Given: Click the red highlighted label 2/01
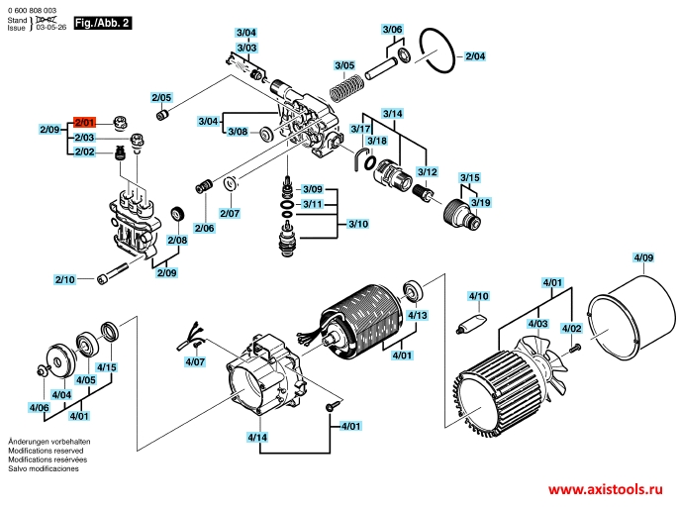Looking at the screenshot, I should (83, 123).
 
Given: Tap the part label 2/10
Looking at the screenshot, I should (64, 280).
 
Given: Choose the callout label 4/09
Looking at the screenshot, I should (643, 258).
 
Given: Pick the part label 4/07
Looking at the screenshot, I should (195, 362).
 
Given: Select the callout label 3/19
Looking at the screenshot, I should (480, 202).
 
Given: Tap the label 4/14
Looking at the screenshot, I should (257, 437).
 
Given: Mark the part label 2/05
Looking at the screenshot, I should (161, 97).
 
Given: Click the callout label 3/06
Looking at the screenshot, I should (393, 30).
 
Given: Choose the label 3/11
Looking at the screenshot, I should (314, 204).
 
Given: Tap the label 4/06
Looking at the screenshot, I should (39, 408).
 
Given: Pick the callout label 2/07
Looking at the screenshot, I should (230, 213).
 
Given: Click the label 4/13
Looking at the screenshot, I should (418, 316).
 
